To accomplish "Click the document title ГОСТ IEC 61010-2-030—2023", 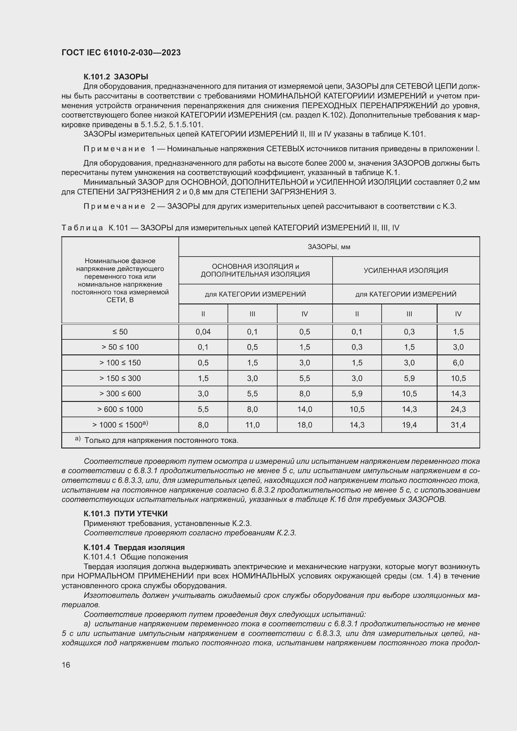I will (121, 53).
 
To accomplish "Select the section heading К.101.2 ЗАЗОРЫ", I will (116, 77).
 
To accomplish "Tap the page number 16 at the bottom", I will (66, 665).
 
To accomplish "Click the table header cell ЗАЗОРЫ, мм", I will (329, 247).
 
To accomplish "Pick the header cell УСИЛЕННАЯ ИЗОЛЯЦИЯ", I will (406, 270).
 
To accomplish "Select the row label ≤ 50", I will (120, 332).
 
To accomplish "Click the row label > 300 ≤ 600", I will (120, 393).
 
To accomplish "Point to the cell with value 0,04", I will (203, 332).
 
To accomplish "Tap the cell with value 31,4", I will (458, 425).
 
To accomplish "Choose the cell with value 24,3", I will (458, 409).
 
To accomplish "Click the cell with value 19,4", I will (409, 425).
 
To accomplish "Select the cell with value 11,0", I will (253, 425).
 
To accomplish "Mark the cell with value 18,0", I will (305, 425).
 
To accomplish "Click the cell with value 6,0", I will (458, 363).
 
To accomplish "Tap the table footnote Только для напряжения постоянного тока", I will (161, 440).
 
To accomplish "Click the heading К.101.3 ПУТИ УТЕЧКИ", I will (125, 513).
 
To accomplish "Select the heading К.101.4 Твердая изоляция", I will (134, 547).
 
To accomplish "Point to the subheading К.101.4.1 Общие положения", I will (136, 557).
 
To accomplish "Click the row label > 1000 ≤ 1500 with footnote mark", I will (120, 425).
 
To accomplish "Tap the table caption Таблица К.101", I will (230, 228).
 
